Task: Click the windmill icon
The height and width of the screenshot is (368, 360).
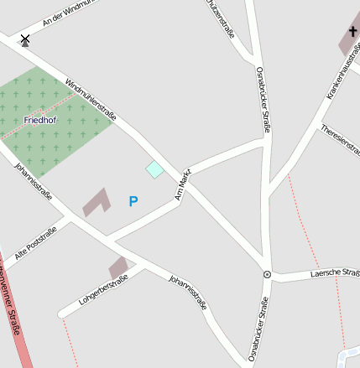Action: [25, 39]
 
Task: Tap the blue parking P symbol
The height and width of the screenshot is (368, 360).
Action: [133, 201]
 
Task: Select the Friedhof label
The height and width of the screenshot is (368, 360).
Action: [40, 120]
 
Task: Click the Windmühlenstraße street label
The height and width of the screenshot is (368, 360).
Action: [90, 98]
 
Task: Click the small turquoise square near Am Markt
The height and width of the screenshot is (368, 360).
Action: [154, 170]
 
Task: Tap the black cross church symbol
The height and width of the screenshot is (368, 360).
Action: [352, 34]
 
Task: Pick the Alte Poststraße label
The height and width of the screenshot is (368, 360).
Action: [35, 242]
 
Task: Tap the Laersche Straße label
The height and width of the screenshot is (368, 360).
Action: [335, 272]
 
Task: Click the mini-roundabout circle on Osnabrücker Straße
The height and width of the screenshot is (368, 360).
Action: [267, 274]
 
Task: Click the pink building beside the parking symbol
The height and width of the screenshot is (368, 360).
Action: [96, 202]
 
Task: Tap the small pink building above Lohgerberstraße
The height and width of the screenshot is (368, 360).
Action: [118, 267]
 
